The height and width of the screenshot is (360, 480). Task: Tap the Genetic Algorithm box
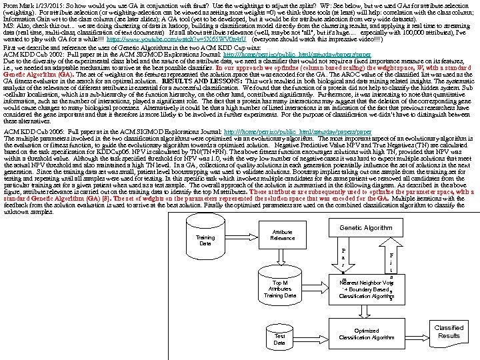[x=366, y=227]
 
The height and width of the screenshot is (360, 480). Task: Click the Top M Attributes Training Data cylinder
[x=279, y=287]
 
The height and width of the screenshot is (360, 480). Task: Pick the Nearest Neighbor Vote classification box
[x=365, y=289]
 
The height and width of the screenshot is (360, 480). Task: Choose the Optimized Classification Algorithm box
[x=366, y=333]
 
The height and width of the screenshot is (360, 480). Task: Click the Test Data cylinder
[x=279, y=339]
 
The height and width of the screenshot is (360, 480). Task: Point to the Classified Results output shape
[x=449, y=331]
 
